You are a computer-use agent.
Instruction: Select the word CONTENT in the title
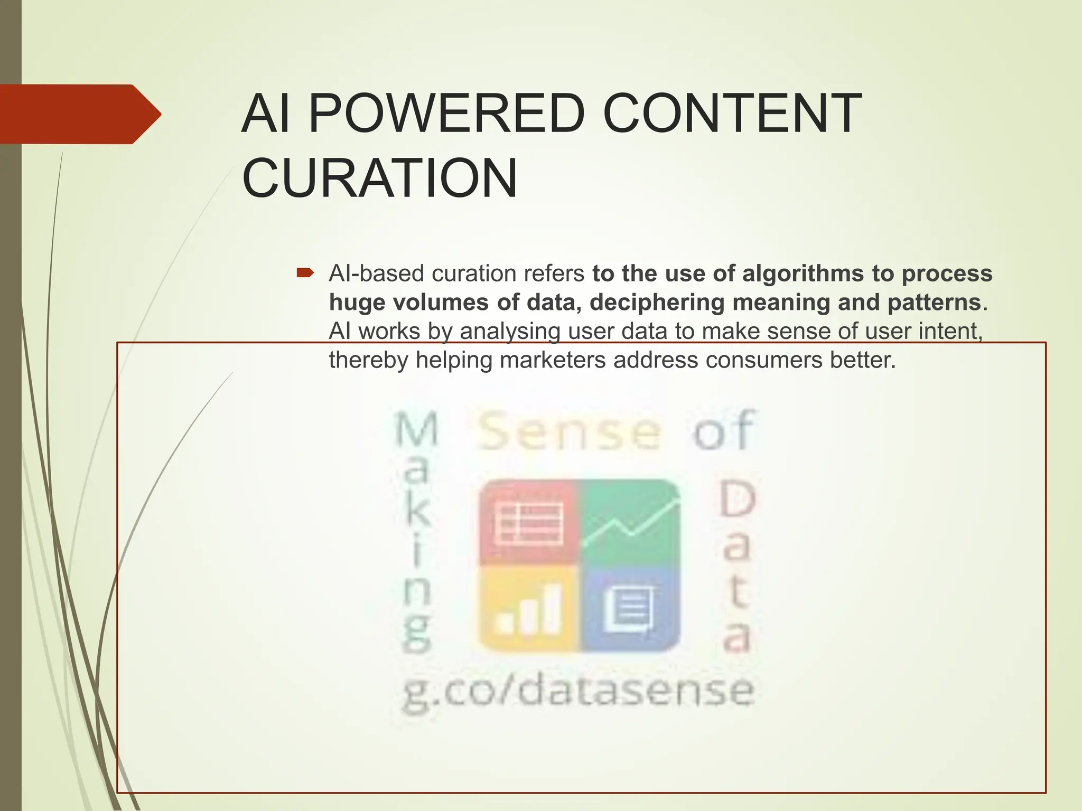click(732, 114)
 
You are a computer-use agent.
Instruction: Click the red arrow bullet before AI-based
click(305, 273)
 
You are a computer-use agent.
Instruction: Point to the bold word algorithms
click(804, 274)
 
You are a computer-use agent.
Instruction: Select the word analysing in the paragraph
click(509, 332)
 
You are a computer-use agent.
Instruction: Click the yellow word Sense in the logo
click(568, 432)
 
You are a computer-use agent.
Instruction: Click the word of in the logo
click(723, 431)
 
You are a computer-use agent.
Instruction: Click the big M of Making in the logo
click(417, 429)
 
